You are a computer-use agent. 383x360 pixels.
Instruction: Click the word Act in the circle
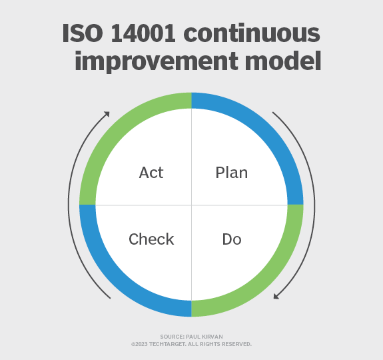point(151,173)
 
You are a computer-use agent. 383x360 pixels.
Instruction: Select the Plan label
point(231,173)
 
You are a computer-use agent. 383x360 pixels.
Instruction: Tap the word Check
point(151,239)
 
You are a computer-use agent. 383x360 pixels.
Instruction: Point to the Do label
point(231,239)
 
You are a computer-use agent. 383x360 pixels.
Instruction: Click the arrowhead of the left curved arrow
point(106,115)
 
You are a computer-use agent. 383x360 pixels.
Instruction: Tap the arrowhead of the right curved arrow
point(276,295)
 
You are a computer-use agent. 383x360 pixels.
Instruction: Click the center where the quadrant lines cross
point(191,205)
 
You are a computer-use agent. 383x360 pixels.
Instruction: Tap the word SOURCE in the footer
point(171,337)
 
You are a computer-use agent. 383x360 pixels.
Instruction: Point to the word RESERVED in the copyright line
point(237,344)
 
